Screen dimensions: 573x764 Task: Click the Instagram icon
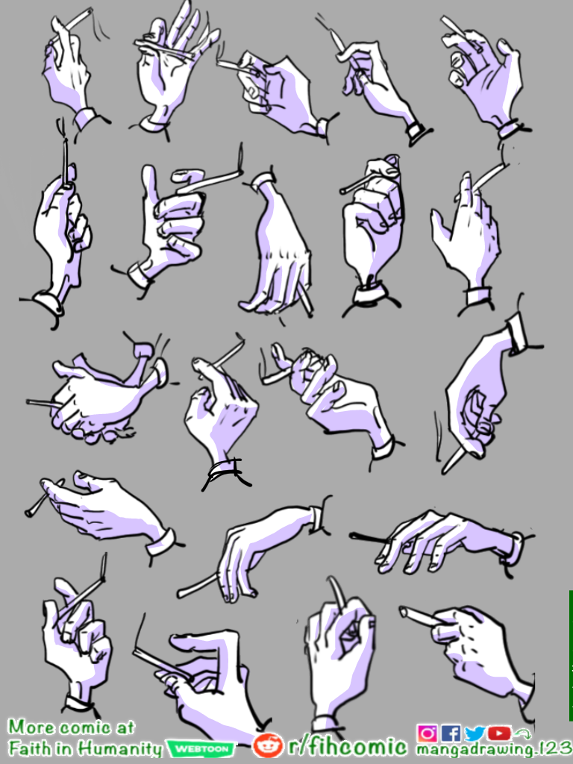427,733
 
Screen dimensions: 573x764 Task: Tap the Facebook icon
451,733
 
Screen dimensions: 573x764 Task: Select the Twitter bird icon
475,733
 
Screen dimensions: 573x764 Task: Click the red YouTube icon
499,733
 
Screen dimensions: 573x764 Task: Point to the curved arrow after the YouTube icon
522,733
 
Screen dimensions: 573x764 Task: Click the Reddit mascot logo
268,745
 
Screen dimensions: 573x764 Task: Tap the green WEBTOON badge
201,748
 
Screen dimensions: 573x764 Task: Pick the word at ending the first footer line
125,728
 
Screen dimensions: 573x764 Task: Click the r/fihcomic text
348,746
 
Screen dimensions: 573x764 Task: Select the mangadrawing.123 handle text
492,750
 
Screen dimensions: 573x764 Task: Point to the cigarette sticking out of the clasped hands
41,403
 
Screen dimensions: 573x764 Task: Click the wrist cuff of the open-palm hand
153,124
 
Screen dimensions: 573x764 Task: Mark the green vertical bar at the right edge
571,654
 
